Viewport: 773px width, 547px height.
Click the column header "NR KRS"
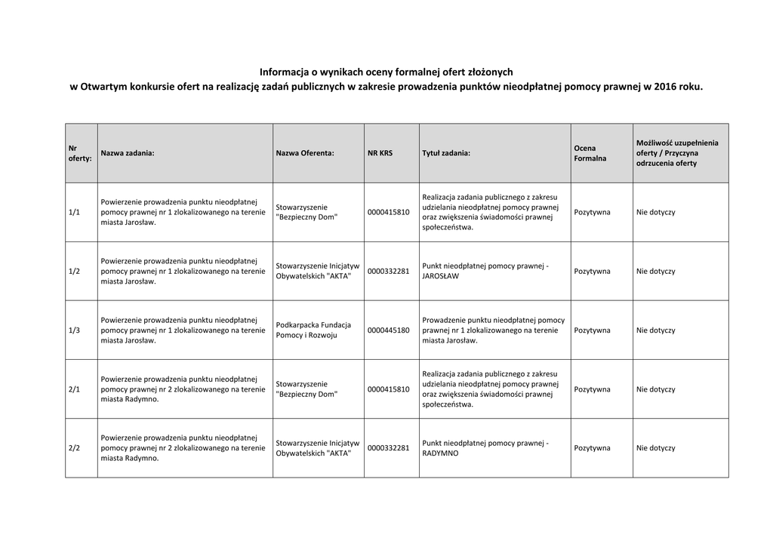[380, 153]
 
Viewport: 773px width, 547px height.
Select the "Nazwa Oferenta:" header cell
[305, 153]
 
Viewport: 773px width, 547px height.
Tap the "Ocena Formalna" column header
[590, 153]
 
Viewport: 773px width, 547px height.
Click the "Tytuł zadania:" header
[446, 153]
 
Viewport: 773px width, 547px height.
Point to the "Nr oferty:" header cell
[79, 153]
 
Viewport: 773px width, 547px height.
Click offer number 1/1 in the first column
[74, 213]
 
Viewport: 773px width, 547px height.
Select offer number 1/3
[74, 330]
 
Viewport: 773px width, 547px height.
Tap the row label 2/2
[74, 448]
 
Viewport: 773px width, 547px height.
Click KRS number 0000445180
[388, 330]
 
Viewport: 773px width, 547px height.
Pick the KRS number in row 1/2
[388, 272]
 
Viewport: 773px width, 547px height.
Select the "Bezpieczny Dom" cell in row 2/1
[306, 389]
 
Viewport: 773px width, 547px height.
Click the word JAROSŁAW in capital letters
[441, 277]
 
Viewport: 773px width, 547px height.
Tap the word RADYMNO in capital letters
[440, 453]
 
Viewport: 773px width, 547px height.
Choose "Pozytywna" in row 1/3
[592, 330]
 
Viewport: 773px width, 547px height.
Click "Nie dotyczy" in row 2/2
[655, 448]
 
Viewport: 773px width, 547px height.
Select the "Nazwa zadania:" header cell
[128, 153]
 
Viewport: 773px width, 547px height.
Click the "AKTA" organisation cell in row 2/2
[318, 448]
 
